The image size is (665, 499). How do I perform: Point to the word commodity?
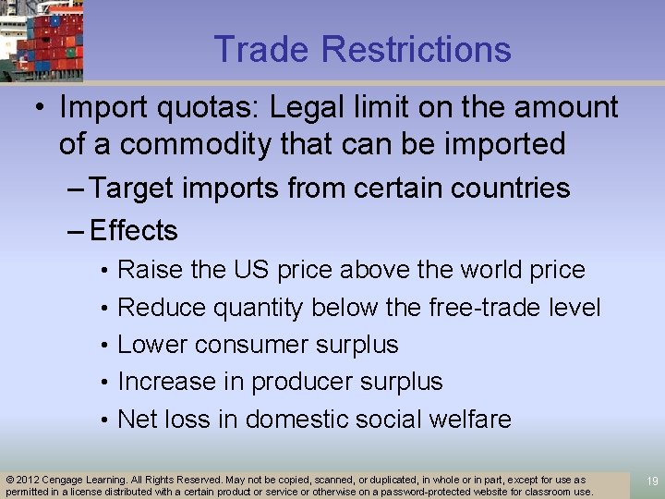point(175,144)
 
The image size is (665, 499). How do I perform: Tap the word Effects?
point(135,230)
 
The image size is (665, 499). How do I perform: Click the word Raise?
point(151,271)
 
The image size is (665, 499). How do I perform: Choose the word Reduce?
point(162,308)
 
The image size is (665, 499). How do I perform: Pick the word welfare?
point(469,419)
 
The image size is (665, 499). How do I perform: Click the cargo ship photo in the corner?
point(41,40)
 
